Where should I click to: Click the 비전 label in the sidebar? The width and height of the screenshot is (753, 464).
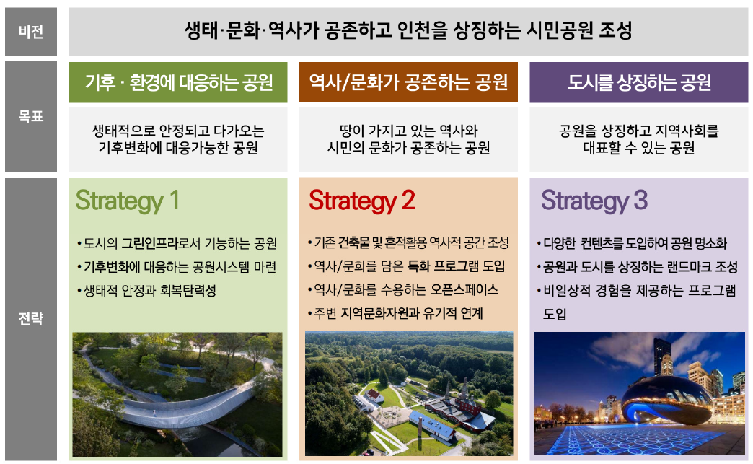coord(31,32)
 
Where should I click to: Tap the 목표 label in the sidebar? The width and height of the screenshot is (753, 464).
coord(31,116)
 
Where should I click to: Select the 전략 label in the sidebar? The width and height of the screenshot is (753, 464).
coord(31,318)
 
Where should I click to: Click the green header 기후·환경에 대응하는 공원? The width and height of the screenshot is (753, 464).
coord(178,82)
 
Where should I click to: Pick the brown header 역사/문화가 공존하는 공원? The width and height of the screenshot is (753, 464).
coord(408,82)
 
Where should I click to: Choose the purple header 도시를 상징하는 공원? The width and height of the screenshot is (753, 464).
coord(639,82)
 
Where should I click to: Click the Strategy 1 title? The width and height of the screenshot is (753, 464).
coord(127,201)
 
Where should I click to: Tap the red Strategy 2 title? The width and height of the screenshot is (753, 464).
coord(361,201)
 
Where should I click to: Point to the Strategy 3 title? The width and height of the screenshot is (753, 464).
coord(594,201)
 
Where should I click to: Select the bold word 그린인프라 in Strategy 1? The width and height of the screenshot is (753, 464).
coord(150,243)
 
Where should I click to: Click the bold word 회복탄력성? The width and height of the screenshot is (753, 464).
coord(188,291)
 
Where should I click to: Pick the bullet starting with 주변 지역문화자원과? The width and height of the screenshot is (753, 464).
coord(396,313)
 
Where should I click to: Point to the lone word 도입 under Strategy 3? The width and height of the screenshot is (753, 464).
coord(555,314)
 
